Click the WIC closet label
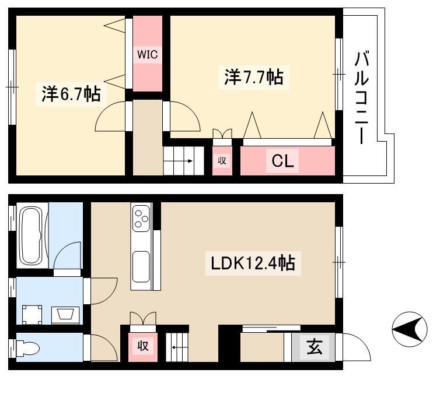pyautogui.click(x=148, y=54)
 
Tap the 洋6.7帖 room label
pyautogui.click(x=71, y=94)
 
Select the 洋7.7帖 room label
pyautogui.click(x=253, y=77)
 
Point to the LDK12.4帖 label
pyautogui.click(x=253, y=263)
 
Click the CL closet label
pyautogui.click(x=282, y=161)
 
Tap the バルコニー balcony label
pyautogui.click(x=361, y=97)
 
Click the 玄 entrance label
pyautogui.click(x=315, y=347)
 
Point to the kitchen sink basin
pyautogui.click(x=141, y=267)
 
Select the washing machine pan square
pyautogui.click(x=32, y=315)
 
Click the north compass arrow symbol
pyautogui.click(x=410, y=329)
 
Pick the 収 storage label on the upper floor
pyautogui.click(x=222, y=160)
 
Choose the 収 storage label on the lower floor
pyautogui.click(x=143, y=346)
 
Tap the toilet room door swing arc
pyautogui.click(x=110, y=342)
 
